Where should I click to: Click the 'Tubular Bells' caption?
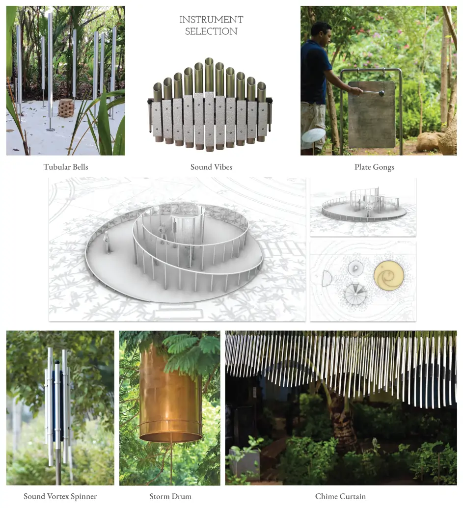click(66, 167)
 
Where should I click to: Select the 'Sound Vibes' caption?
click(211, 167)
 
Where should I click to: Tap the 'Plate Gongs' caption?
click(374, 167)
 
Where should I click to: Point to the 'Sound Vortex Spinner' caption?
click(60, 496)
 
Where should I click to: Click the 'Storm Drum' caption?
click(170, 496)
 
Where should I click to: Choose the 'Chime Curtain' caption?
click(340, 496)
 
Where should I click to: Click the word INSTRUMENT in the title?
click(211, 20)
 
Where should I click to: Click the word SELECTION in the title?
click(211, 31)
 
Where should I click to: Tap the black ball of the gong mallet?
click(381, 94)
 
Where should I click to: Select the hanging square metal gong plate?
click(372, 114)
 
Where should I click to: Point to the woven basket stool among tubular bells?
click(65, 108)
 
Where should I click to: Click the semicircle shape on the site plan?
click(327, 279)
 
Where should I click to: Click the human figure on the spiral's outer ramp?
click(107, 242)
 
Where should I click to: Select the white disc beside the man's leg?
click(313, 135)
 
